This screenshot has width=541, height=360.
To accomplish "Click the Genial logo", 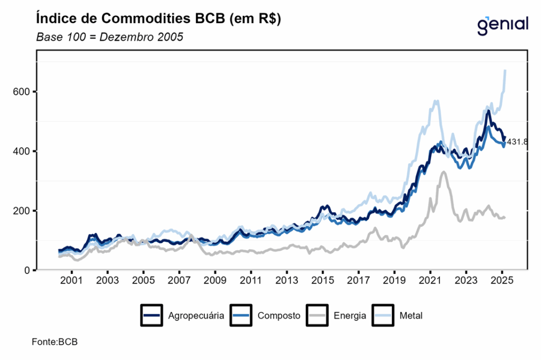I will [x=502, y=24].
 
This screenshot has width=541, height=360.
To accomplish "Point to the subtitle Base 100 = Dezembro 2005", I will [x=109, y=37].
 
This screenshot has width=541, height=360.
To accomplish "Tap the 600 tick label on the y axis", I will [x=23, y=92].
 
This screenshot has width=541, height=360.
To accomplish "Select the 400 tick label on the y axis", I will [x=23, y=151].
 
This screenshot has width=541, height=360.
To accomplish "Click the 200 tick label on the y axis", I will [x=23, y=211].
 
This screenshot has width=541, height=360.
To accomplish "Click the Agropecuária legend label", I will [x=196, y=316].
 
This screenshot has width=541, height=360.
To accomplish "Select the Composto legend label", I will [x=279, y=316].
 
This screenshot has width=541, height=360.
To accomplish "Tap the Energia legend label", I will [x=350, y=316].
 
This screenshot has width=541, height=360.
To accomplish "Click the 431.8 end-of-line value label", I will [x=518, y=142].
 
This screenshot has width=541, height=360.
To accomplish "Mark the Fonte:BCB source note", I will [x=54, y=342].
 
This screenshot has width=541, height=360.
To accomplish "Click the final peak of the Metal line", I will [x=506, y=70].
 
